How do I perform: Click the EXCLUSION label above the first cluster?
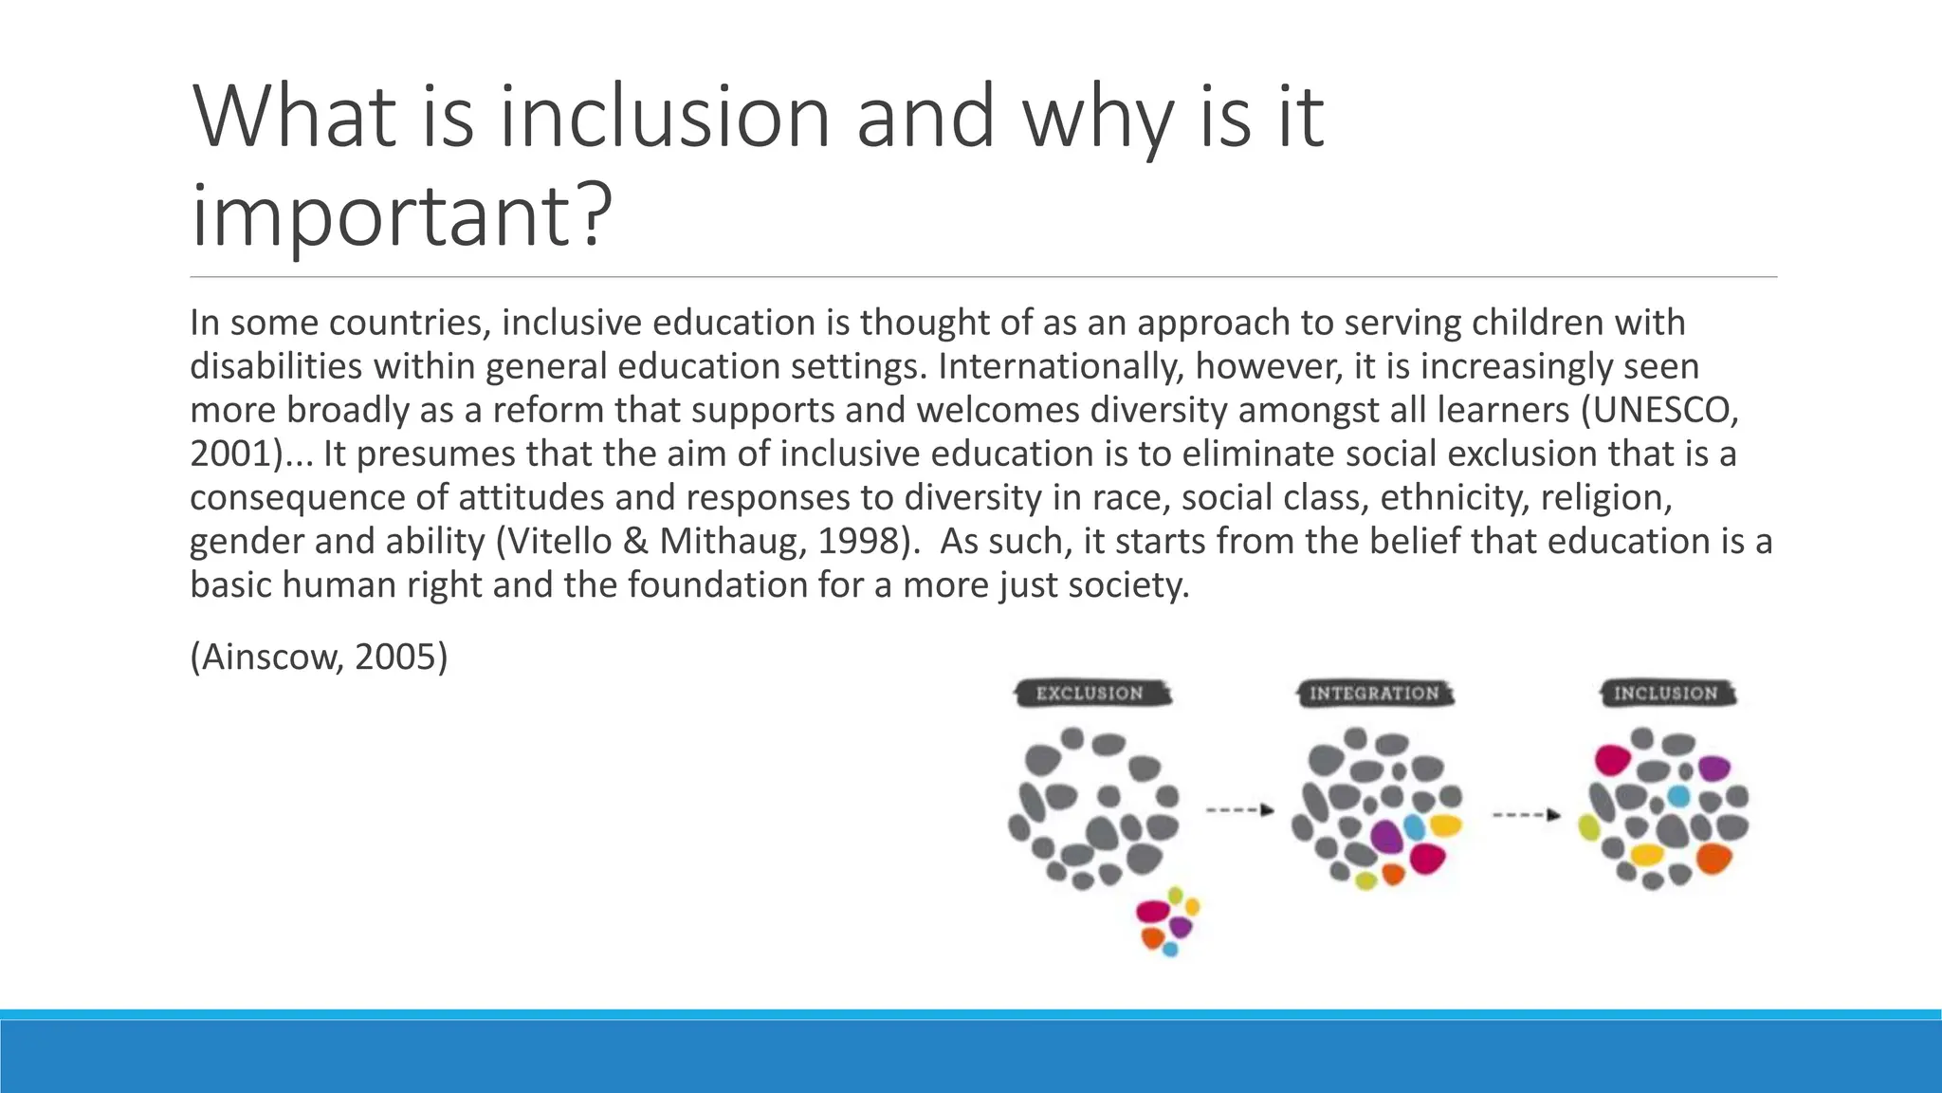1090,694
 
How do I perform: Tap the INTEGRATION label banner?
1374,694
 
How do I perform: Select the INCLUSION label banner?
1666,694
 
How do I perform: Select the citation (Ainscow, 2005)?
319,657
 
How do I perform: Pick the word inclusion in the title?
665,118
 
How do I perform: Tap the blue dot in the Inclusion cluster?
1677,795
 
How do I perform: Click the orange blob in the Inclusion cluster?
1713,858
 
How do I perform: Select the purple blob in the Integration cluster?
1386,836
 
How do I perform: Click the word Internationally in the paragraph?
1059,366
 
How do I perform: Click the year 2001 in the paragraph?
230,454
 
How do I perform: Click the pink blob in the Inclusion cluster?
1612,759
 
